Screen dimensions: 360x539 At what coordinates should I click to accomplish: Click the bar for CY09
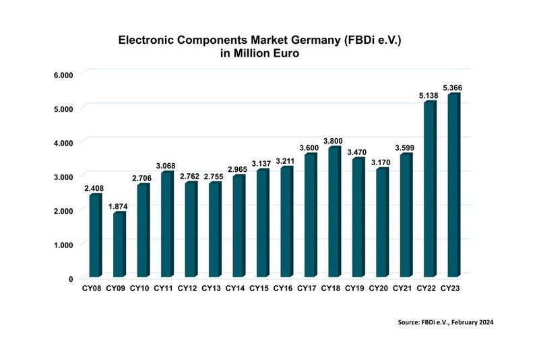click(119, 244)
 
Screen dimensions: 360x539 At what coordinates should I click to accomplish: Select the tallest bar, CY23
click(453, 185)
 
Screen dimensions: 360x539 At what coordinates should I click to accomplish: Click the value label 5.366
click(453, 88)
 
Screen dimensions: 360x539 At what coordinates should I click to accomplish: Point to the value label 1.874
click(118, 206)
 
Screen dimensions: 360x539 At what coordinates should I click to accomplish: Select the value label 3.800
click(334, 141)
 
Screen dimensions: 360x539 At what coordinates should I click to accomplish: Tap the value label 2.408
click(94, 188)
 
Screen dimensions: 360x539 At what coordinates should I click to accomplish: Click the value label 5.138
click(429, 96)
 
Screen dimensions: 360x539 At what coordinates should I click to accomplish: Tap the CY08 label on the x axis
click(92, 289)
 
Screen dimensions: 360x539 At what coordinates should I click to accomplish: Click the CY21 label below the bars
click(402, 289)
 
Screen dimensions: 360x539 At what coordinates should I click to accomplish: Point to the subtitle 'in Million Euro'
click(260, 55)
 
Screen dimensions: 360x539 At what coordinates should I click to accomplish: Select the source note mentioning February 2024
click(446, 323)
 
